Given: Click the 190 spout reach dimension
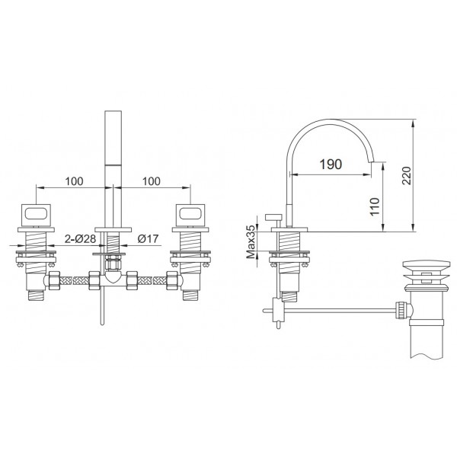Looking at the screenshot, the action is click(331, 164).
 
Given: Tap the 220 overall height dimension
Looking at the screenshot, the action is click(406, 175).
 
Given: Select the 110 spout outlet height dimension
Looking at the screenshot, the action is click(375, 206).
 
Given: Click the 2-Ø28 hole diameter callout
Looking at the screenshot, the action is click(80, 239).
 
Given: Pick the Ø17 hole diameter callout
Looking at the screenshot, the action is click(148, 239).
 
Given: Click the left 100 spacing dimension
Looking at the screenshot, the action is click(74, 181).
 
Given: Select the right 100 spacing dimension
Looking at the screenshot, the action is click(152, 181).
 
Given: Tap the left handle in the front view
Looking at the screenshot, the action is click(36, 215).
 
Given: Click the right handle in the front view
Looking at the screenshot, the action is click(190, 215).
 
